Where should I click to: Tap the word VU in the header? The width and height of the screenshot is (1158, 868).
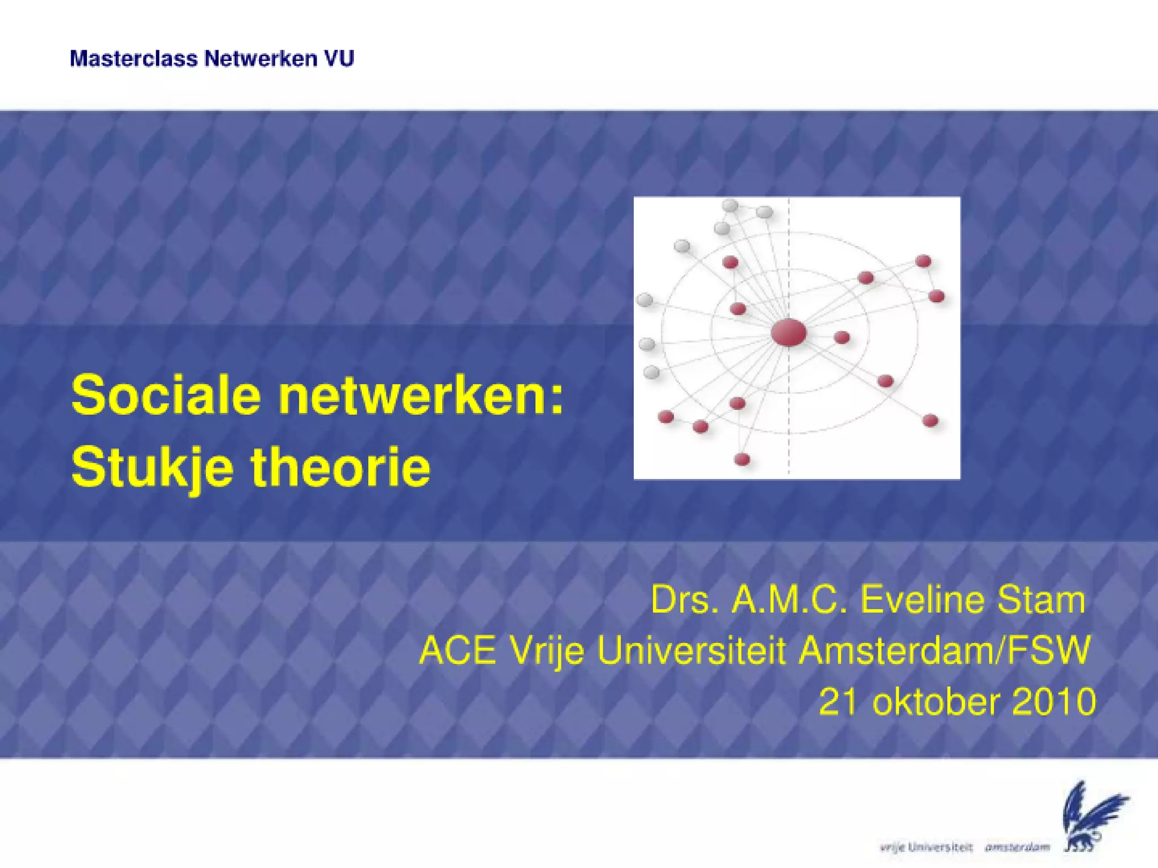[x=339, y=59]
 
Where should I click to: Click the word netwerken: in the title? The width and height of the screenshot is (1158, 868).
[x=421, y=396]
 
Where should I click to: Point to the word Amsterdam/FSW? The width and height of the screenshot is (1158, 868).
[x=944, y=650]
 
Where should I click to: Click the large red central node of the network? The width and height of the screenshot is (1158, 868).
[x=788, y=332]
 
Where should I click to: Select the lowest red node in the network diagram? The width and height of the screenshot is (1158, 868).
[x=742, y=459]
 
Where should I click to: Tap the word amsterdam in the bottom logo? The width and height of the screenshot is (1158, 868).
[x=1017, y=847]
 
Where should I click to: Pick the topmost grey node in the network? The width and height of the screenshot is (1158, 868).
[x=730, y=205]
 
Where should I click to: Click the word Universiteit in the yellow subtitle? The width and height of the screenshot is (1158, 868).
[x=692, y=650]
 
